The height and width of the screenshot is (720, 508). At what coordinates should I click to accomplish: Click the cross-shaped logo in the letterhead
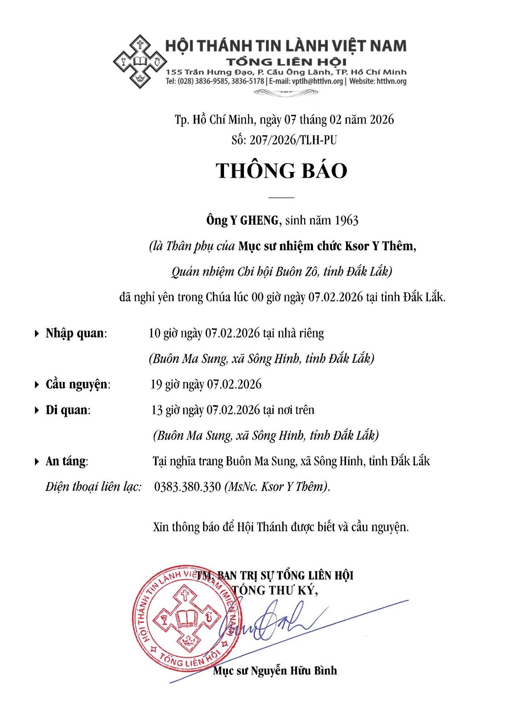point(140,61)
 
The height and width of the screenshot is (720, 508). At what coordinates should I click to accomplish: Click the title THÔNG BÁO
point(282,171)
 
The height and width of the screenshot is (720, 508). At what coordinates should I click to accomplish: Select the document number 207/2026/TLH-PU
point(293,141)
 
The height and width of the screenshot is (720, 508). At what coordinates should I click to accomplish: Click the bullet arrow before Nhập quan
point(37,333)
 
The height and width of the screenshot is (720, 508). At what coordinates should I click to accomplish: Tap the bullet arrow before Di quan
point(37,410)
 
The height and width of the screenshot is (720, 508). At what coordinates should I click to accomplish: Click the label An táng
point(66,461)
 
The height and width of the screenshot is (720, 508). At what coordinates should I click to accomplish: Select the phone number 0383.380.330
point(188,487)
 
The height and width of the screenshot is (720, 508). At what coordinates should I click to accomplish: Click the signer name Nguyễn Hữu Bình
point(294,671)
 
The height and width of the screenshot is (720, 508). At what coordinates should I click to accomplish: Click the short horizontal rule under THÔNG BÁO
point(281,197)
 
